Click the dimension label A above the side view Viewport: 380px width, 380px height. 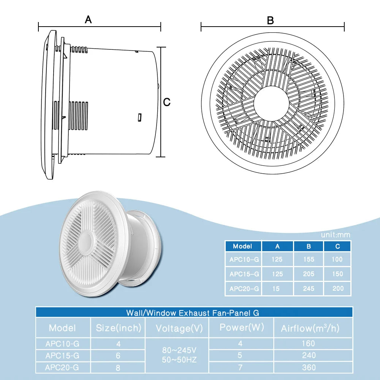pos(88,19)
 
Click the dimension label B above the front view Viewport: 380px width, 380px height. pos(270,21)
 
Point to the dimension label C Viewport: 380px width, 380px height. pos(167,102)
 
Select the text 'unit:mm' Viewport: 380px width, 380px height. pos(336,235)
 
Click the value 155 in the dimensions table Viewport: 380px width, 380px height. pos(309,260)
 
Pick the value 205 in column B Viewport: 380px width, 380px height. pos(309,274)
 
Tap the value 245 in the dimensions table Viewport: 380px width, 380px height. pos(309,289)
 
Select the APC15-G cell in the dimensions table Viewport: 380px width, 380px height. pos(244,274)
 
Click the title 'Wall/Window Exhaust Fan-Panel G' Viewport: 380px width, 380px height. pos(193,313)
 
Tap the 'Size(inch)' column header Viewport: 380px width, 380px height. pos(119,328)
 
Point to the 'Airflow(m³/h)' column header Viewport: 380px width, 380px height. pos(310,328)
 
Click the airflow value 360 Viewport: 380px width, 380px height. pos(308,367)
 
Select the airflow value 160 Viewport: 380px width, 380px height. pos(308,344)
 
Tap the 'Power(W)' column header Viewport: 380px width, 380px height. pos(241,328)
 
